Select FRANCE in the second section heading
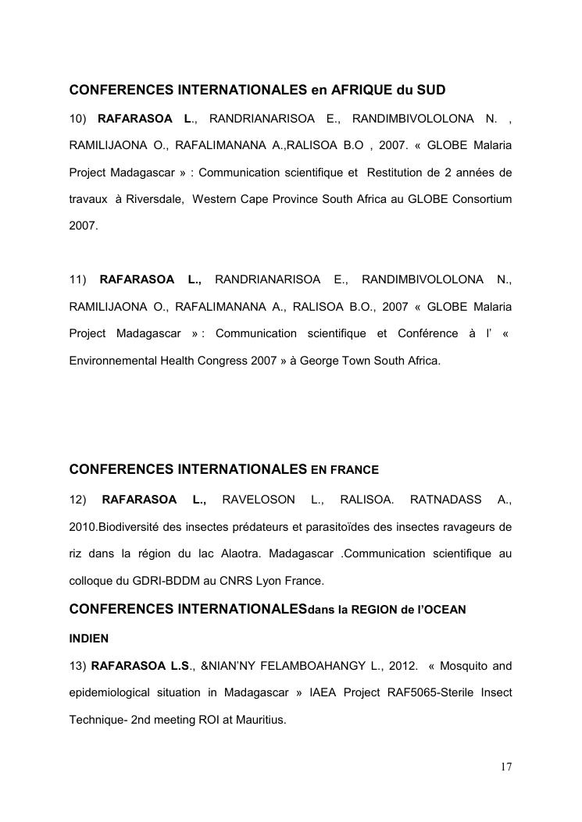pyautogui.click(x=354, y=470)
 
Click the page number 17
pyautogui.click(x=505, y=767)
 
